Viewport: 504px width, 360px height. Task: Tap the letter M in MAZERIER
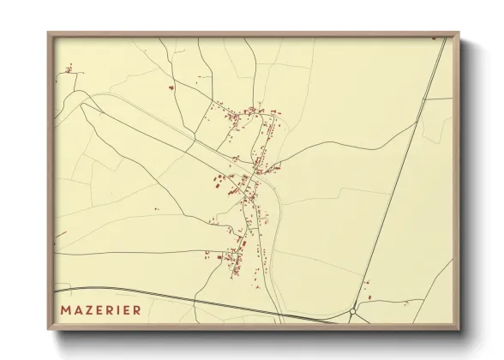pos(66,309)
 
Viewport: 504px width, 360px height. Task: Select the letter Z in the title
pos(88,309)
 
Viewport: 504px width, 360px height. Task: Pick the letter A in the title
pos(77,309)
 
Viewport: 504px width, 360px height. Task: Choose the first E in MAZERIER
pos(99,309)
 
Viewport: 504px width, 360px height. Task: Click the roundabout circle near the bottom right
pos(353,312)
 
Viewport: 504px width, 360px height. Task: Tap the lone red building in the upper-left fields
pos(171,87)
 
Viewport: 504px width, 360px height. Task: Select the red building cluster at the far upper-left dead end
pos(67,69)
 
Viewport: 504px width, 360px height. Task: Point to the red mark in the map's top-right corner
pos(434,39)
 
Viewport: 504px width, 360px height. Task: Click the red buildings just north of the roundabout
pos(366,297)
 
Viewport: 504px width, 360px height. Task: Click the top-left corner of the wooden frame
pos(49,33)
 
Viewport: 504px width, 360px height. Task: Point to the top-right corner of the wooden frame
pos(458,33)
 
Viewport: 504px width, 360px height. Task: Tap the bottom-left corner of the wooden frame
pos(49,329)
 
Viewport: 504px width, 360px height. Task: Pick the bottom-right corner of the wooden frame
pos(458,329)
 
